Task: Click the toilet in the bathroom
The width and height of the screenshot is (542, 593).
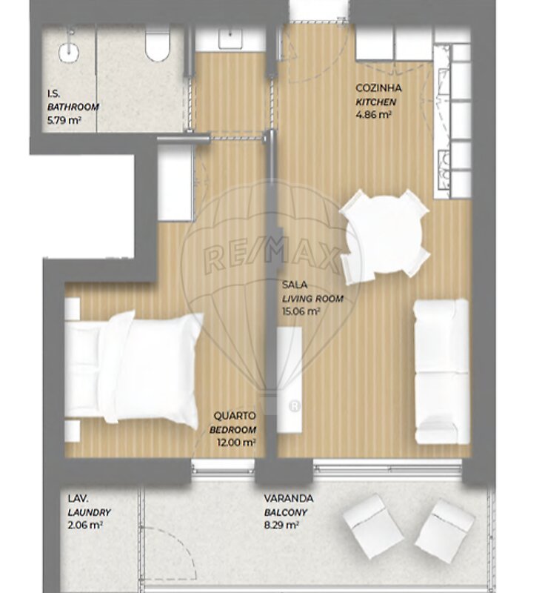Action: [158, 44]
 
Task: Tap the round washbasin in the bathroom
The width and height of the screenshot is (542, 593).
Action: [69, 52]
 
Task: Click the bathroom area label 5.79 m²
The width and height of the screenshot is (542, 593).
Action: [64, 121]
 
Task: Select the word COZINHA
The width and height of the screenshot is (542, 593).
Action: [378, 88]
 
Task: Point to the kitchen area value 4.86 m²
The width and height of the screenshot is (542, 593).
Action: [373, 115]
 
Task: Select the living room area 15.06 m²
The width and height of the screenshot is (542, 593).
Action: [301, 311]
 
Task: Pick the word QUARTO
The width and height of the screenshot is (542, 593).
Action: [235, 416]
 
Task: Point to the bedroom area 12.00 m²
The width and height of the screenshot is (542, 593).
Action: [236, 443]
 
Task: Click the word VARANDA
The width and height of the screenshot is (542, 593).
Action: [289, 498]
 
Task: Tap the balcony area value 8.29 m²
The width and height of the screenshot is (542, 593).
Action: [281, 526]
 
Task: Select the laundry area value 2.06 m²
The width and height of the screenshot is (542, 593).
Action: [85, 526]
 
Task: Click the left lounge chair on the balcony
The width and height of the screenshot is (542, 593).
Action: [373, 526]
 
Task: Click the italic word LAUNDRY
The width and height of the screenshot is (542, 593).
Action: [89, 513]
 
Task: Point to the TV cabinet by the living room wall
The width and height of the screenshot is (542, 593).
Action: [290, 380]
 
